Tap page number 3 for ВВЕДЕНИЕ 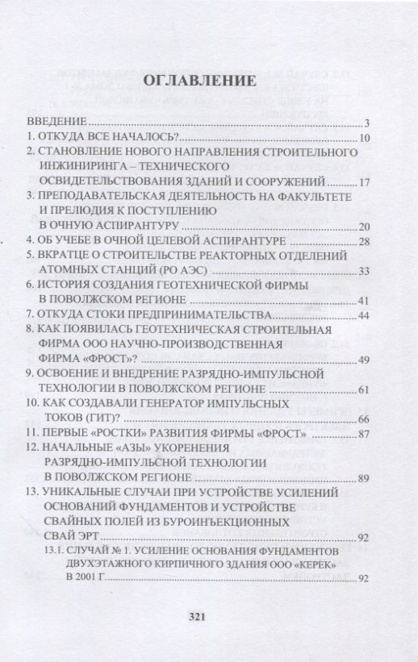pyautogui.click(x=366, y=124)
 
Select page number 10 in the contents pyautogui.click(x=363, y=139)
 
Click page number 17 pyautogui.click(x=363, y=182)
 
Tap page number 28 pyautogui.click(x=363, y=242)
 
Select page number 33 pyautogui.click(x=363, y=271)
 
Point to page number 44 pyautogui.click(x=363, y=315)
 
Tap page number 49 pyautogui.click(x=363, y=360)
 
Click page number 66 pyautogui.click(x=363, y=419)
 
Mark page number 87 pyautogui.click(x=363, y=435)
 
